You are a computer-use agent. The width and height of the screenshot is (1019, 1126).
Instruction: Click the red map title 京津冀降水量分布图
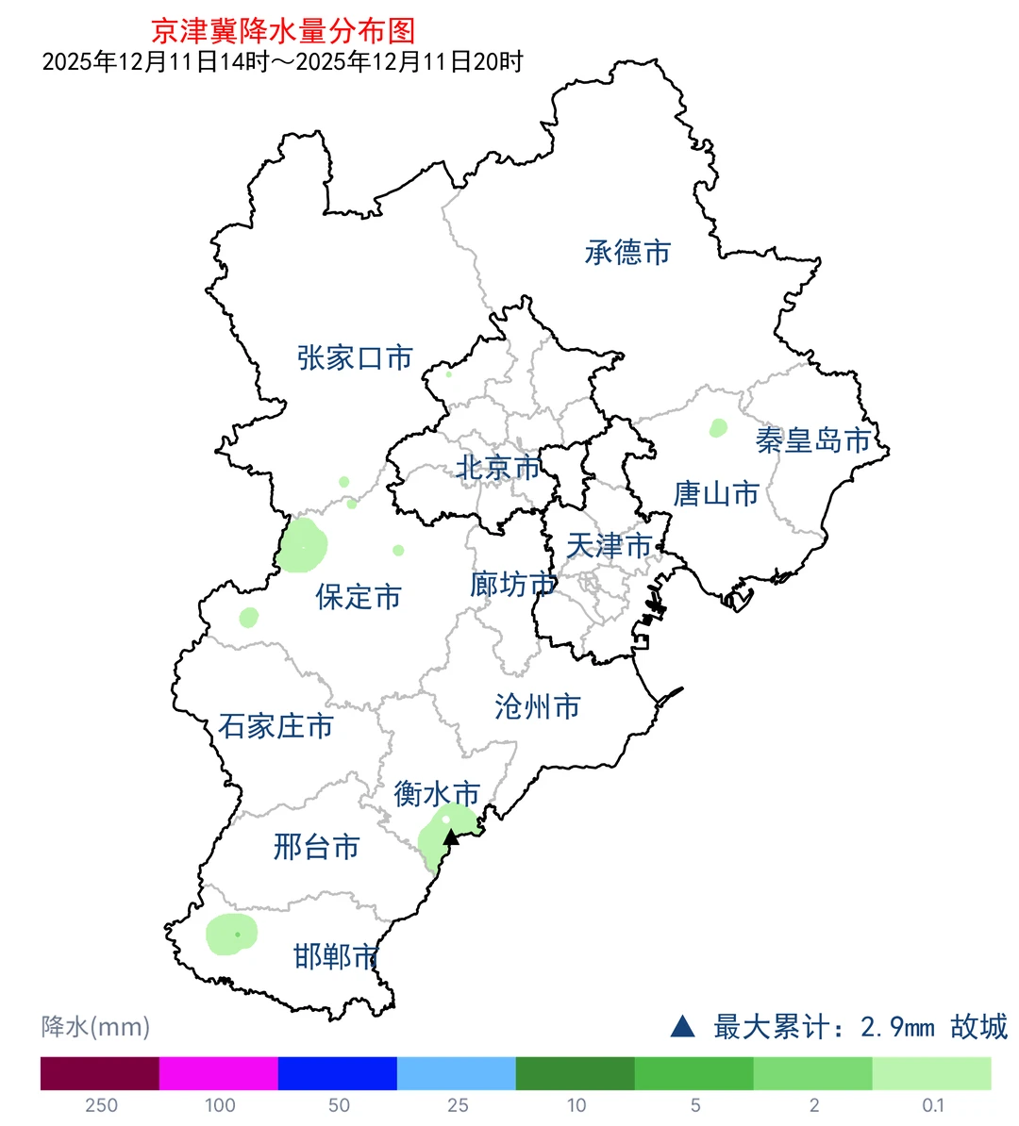pyautogui.click(x=283, y=31)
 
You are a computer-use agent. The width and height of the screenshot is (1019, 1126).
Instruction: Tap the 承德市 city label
pyautogui.click(x=627, y=252)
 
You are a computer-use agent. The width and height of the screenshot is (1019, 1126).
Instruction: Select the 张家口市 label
pyautogui.click(x=355, y=357)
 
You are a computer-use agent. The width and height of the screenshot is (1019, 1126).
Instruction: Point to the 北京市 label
pyautogui.click(x=498, y=467)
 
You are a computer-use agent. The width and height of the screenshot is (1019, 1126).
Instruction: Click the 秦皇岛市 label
pyautogui.click(x=813, y=440)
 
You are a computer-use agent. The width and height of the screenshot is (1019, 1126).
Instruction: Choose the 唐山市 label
pyautogui.click(x=716, y=493)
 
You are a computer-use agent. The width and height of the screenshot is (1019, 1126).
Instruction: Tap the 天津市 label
pyautogui.click(x=609, y=545)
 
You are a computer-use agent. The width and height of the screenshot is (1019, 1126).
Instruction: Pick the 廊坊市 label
pyautogui.click(x=512, y=585)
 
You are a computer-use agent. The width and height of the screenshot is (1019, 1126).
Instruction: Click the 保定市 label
pyautogui.click(x=359, y=596)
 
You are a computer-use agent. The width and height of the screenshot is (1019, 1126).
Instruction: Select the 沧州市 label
pyautogui.click(x=537, y=706)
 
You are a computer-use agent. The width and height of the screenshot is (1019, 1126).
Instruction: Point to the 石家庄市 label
pyautogui.click(x=276, y=726)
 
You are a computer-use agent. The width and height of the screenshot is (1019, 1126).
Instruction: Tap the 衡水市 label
pyautogui.click(x=437, y=793)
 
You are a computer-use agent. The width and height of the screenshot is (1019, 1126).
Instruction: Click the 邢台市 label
pyautogui.click(x=317, y=847)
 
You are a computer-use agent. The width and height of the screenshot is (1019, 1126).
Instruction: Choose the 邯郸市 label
pyautogui.click(x=336, y=957)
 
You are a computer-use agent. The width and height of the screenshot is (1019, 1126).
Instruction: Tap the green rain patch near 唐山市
pyautogui.click(x=718, y=428)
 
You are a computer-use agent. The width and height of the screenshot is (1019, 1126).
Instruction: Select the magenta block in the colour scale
pyautogui.click(x=218, y=1073)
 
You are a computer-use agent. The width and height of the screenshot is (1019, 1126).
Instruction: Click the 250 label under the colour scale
pyautogui.click(x=101, y=1105)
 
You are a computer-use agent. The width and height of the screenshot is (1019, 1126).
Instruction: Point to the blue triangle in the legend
pyautogui.click(x=682, y=1026)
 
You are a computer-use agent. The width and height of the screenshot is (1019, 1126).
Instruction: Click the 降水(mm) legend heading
pyautogui.click(x=95, y=1026)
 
